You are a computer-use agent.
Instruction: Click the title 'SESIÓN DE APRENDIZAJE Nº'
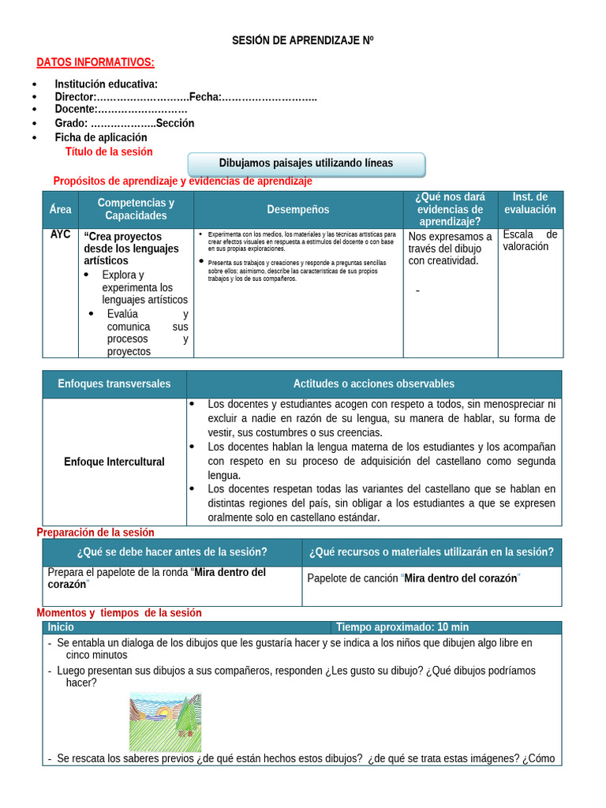302,40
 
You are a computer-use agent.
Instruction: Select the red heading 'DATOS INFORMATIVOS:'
95,62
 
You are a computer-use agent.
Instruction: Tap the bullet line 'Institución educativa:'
106,84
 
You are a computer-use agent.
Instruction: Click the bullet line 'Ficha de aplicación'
101,137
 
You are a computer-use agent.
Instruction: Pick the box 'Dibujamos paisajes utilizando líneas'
305,163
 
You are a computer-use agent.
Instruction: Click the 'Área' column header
60,209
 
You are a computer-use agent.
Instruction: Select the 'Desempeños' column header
298,209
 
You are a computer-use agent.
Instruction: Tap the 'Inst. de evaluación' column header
529,204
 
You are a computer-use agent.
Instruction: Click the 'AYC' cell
60,235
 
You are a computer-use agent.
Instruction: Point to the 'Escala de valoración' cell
529,241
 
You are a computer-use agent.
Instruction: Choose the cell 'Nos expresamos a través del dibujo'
450,249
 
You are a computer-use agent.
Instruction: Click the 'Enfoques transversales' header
114,384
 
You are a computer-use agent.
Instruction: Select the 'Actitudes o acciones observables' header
374,384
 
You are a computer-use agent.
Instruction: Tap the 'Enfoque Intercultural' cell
114,462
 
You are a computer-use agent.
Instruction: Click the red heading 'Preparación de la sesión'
95,533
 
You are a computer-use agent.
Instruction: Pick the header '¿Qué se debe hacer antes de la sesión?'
172,552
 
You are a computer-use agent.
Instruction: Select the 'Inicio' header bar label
61,627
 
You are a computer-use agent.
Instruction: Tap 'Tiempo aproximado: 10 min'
402,627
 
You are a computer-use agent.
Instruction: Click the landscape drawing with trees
165,721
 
